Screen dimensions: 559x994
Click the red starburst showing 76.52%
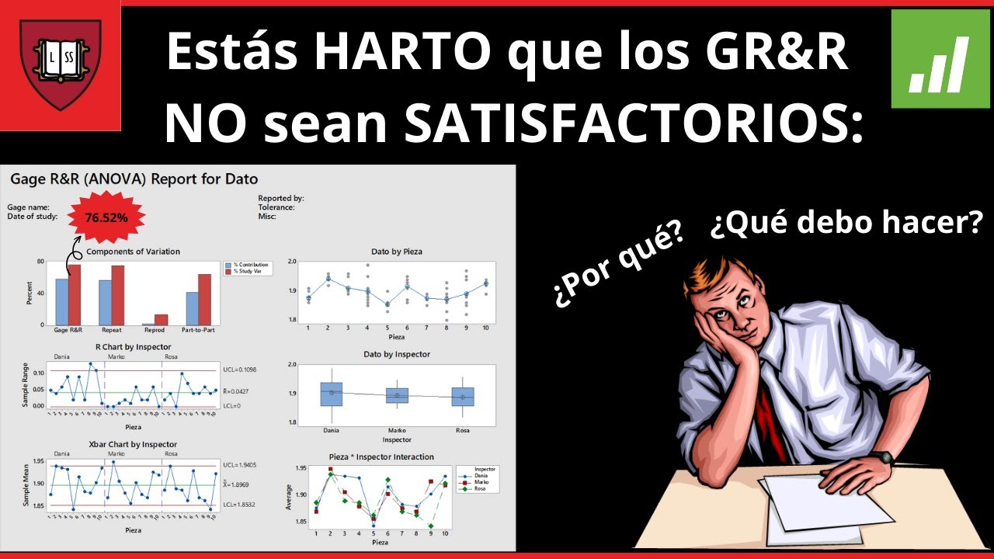[x=106, y=217]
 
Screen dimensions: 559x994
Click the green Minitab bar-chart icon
[x=939, y=59]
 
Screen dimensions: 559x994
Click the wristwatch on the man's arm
[x=881, y=457]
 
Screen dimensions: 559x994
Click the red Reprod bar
[x=161, y=319]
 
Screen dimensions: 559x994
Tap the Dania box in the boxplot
[x=331, y=394]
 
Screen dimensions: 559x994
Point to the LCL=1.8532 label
[x=239, y=505]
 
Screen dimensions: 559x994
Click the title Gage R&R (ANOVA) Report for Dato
[x=134, y=179]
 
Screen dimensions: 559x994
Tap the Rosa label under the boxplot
[x=462, y=430]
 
